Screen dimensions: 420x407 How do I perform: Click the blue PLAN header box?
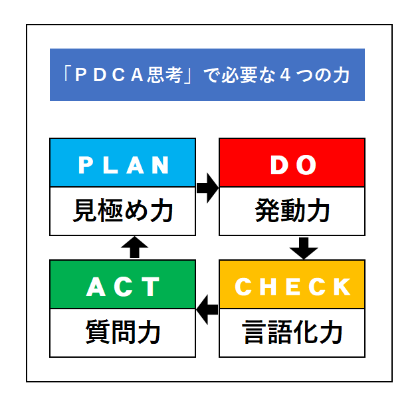pos(123,162)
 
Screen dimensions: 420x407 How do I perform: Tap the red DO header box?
pos(292,162)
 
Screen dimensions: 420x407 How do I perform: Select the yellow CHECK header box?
pos(292,284)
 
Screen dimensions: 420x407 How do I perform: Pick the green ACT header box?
pos(123,284)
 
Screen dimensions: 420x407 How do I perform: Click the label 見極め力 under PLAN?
pos(123,211)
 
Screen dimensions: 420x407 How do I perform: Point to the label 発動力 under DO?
pos(292,211)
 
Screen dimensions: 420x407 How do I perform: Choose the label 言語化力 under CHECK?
pos(292,333)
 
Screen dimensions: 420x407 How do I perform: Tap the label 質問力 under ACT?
pos(123,333)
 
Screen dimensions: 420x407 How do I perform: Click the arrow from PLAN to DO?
pos(207,188)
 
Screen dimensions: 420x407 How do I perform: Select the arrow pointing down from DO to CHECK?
pos(304,248)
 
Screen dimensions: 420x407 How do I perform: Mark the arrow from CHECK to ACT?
pos(207,310)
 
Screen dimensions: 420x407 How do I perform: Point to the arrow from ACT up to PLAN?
pos(134,247)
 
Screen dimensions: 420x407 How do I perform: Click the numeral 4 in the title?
pos(285,74)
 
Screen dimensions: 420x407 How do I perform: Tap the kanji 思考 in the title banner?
pos(165,74)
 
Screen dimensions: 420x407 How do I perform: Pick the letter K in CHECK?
pos(342,287)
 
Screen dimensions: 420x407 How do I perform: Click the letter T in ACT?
pos(152,287)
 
